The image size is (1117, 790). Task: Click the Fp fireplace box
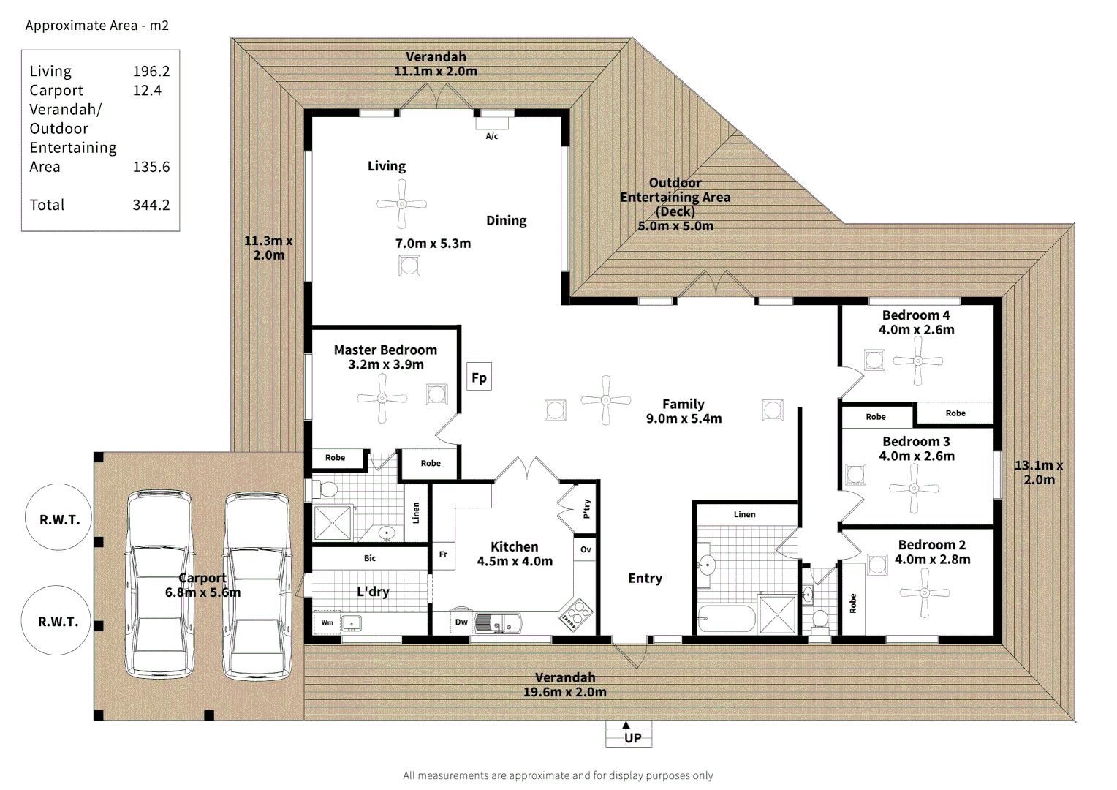point(479,377)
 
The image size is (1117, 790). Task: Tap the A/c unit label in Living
point(492,136)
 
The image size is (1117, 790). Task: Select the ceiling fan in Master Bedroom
point(382,399)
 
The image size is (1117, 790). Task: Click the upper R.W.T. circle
point(59,519)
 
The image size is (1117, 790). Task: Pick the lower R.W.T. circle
point(58,622)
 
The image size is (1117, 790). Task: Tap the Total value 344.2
point(151,205)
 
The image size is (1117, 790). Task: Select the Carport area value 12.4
point(147,90)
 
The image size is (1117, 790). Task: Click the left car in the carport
point(160,585)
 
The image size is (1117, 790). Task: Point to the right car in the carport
point(257,585)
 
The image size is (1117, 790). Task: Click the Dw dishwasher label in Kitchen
point(461,622)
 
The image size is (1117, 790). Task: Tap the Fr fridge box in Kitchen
point(443,554)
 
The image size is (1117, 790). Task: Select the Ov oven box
point(586,549)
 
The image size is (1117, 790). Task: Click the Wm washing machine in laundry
point(327,623)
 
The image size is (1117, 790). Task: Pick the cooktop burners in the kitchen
point(577,614)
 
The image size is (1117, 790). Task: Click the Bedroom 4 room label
point(916,315)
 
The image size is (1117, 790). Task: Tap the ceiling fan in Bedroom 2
point(925,592)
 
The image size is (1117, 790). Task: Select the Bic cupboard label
point(370,558)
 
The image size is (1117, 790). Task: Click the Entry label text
point(645,578)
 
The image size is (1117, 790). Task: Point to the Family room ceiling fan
point(605,400)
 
